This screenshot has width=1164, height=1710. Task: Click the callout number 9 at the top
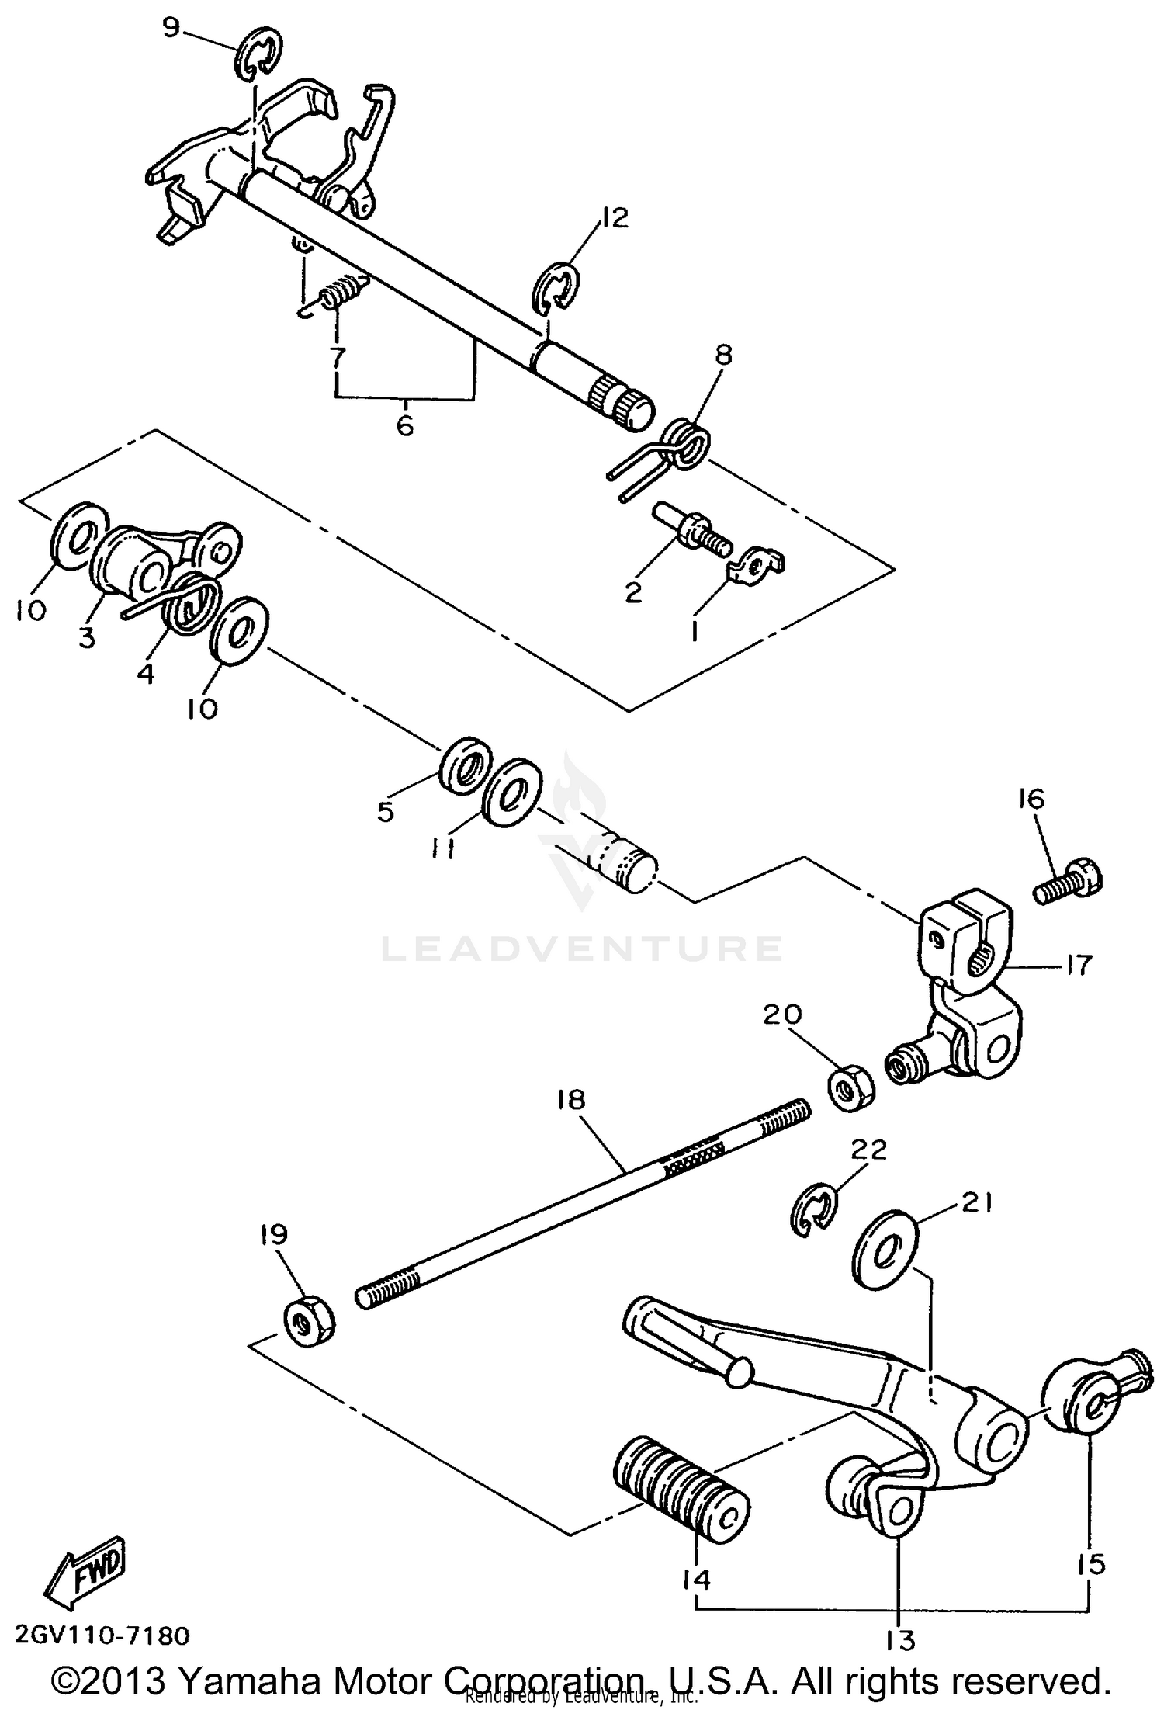click(171, 29)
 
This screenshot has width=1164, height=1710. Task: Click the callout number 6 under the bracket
click(405, 425)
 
